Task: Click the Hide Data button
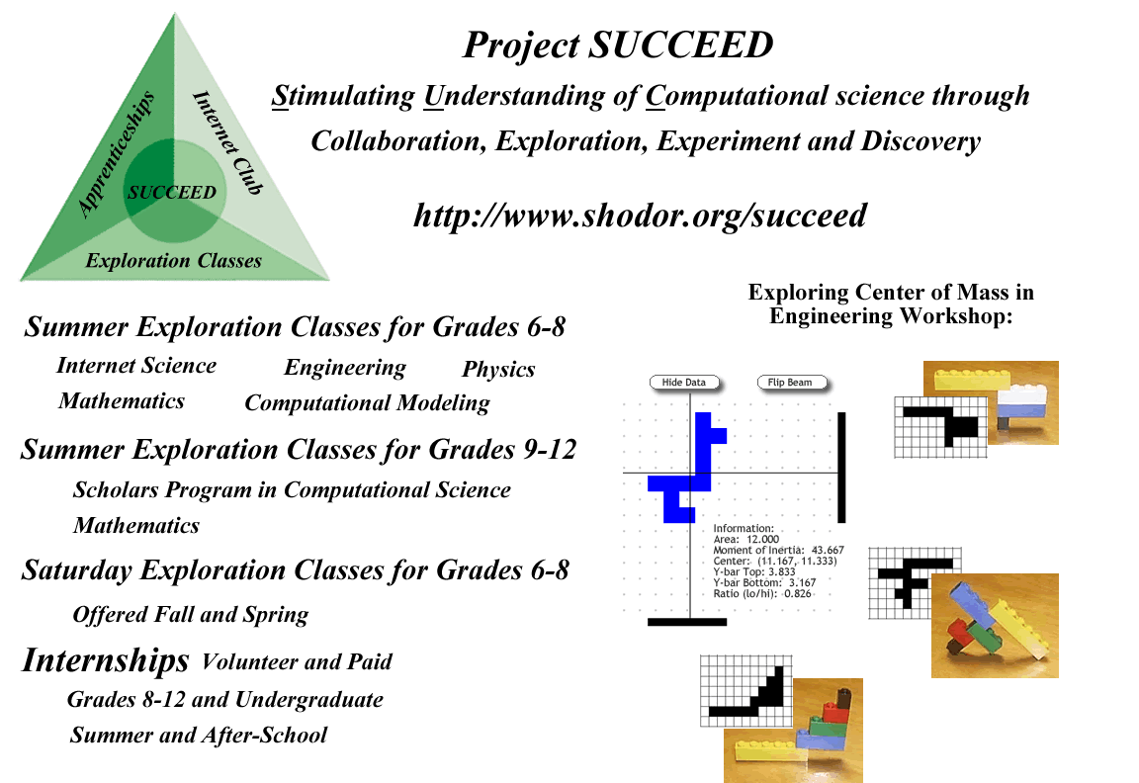click(x=683, y=382)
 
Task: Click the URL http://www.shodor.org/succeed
click(x=640, y=215)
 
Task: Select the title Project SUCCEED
click(x=618, y=45)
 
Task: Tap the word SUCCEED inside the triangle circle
click(x=172, y=193)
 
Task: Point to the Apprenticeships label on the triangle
click(x=117, y=153)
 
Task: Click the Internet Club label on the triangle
click(x=227, y=143)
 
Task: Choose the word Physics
click(x=498, y=369)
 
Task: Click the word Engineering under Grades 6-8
click(x=345, y=368)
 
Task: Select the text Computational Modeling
click(x=367, y=402)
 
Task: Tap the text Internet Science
click(x=136, y=365)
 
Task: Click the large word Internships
click(x=106, y=660)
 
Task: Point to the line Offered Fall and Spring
click(x=190, y=615)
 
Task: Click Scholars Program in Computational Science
click(x=292, y=490)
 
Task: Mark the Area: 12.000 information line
click(x=746, y=539)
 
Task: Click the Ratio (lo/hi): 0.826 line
click(x=762, y=593)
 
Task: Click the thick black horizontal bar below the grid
click(x=686, y=622)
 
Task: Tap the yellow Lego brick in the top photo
click(x=972, y=380)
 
